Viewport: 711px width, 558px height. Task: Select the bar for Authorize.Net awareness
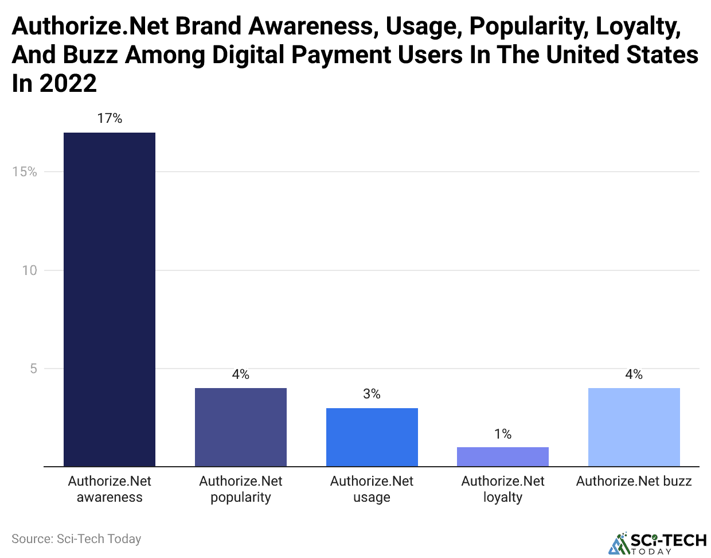coord(109,299)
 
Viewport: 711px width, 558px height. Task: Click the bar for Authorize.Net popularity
coord(240,427)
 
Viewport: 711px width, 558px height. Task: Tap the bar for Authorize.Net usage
coord(372,437)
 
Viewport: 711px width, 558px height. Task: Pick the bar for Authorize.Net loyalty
coord(502,456)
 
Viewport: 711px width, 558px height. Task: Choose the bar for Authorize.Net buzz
coord(634,427)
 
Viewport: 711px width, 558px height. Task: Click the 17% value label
coord(110,118)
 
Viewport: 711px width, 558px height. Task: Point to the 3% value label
coord(372,394)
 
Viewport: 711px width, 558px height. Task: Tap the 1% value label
coord(502,434)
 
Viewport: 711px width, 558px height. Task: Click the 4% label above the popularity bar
coord(240,374)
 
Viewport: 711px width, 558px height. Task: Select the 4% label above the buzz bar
coord(634,374)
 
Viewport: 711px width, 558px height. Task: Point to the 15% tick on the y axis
coord(25,172)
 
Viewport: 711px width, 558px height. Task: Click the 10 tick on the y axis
coord(29,270)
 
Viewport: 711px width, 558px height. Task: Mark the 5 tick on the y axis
coord(33,369)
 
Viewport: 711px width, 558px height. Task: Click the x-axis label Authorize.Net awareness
coord(110,489)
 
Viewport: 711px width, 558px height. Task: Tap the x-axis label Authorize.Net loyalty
coord(502,489)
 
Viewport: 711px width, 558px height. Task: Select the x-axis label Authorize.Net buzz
coord(634,481)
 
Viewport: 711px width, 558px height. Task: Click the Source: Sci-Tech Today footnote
coord(76,538)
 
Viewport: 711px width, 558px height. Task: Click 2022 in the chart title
coord(68,84)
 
